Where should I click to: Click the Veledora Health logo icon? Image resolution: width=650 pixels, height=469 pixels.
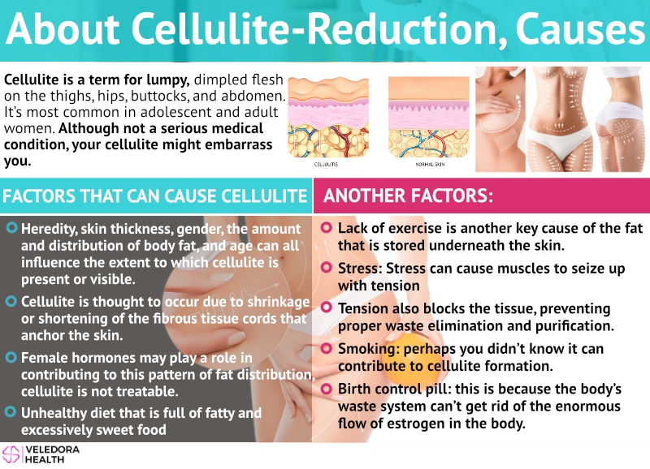[11, 454]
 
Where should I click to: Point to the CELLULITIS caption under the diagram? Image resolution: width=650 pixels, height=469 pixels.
[326, 165]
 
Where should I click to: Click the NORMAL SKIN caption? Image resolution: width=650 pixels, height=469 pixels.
[430, 165]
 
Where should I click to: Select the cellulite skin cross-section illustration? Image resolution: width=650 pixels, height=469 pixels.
[328, 117]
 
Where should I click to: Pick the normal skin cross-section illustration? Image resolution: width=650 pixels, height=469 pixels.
[429, 117]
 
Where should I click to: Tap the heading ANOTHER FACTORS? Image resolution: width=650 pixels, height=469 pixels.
[409, 196]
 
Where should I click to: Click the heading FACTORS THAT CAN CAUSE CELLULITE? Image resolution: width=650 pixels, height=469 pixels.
[154, 196]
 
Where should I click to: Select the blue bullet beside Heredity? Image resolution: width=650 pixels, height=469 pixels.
[12, 227]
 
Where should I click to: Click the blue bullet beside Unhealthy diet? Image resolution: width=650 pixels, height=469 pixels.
[11, 411]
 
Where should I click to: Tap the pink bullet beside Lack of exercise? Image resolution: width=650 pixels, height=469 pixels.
[327, 227]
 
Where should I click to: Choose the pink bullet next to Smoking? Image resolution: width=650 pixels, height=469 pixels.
[327, 348]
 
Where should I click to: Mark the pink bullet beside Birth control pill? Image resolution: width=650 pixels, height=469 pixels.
[327, 389]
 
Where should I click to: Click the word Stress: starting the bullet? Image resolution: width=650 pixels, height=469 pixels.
[360, 269]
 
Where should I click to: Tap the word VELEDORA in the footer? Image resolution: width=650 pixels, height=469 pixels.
[52, 450]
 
